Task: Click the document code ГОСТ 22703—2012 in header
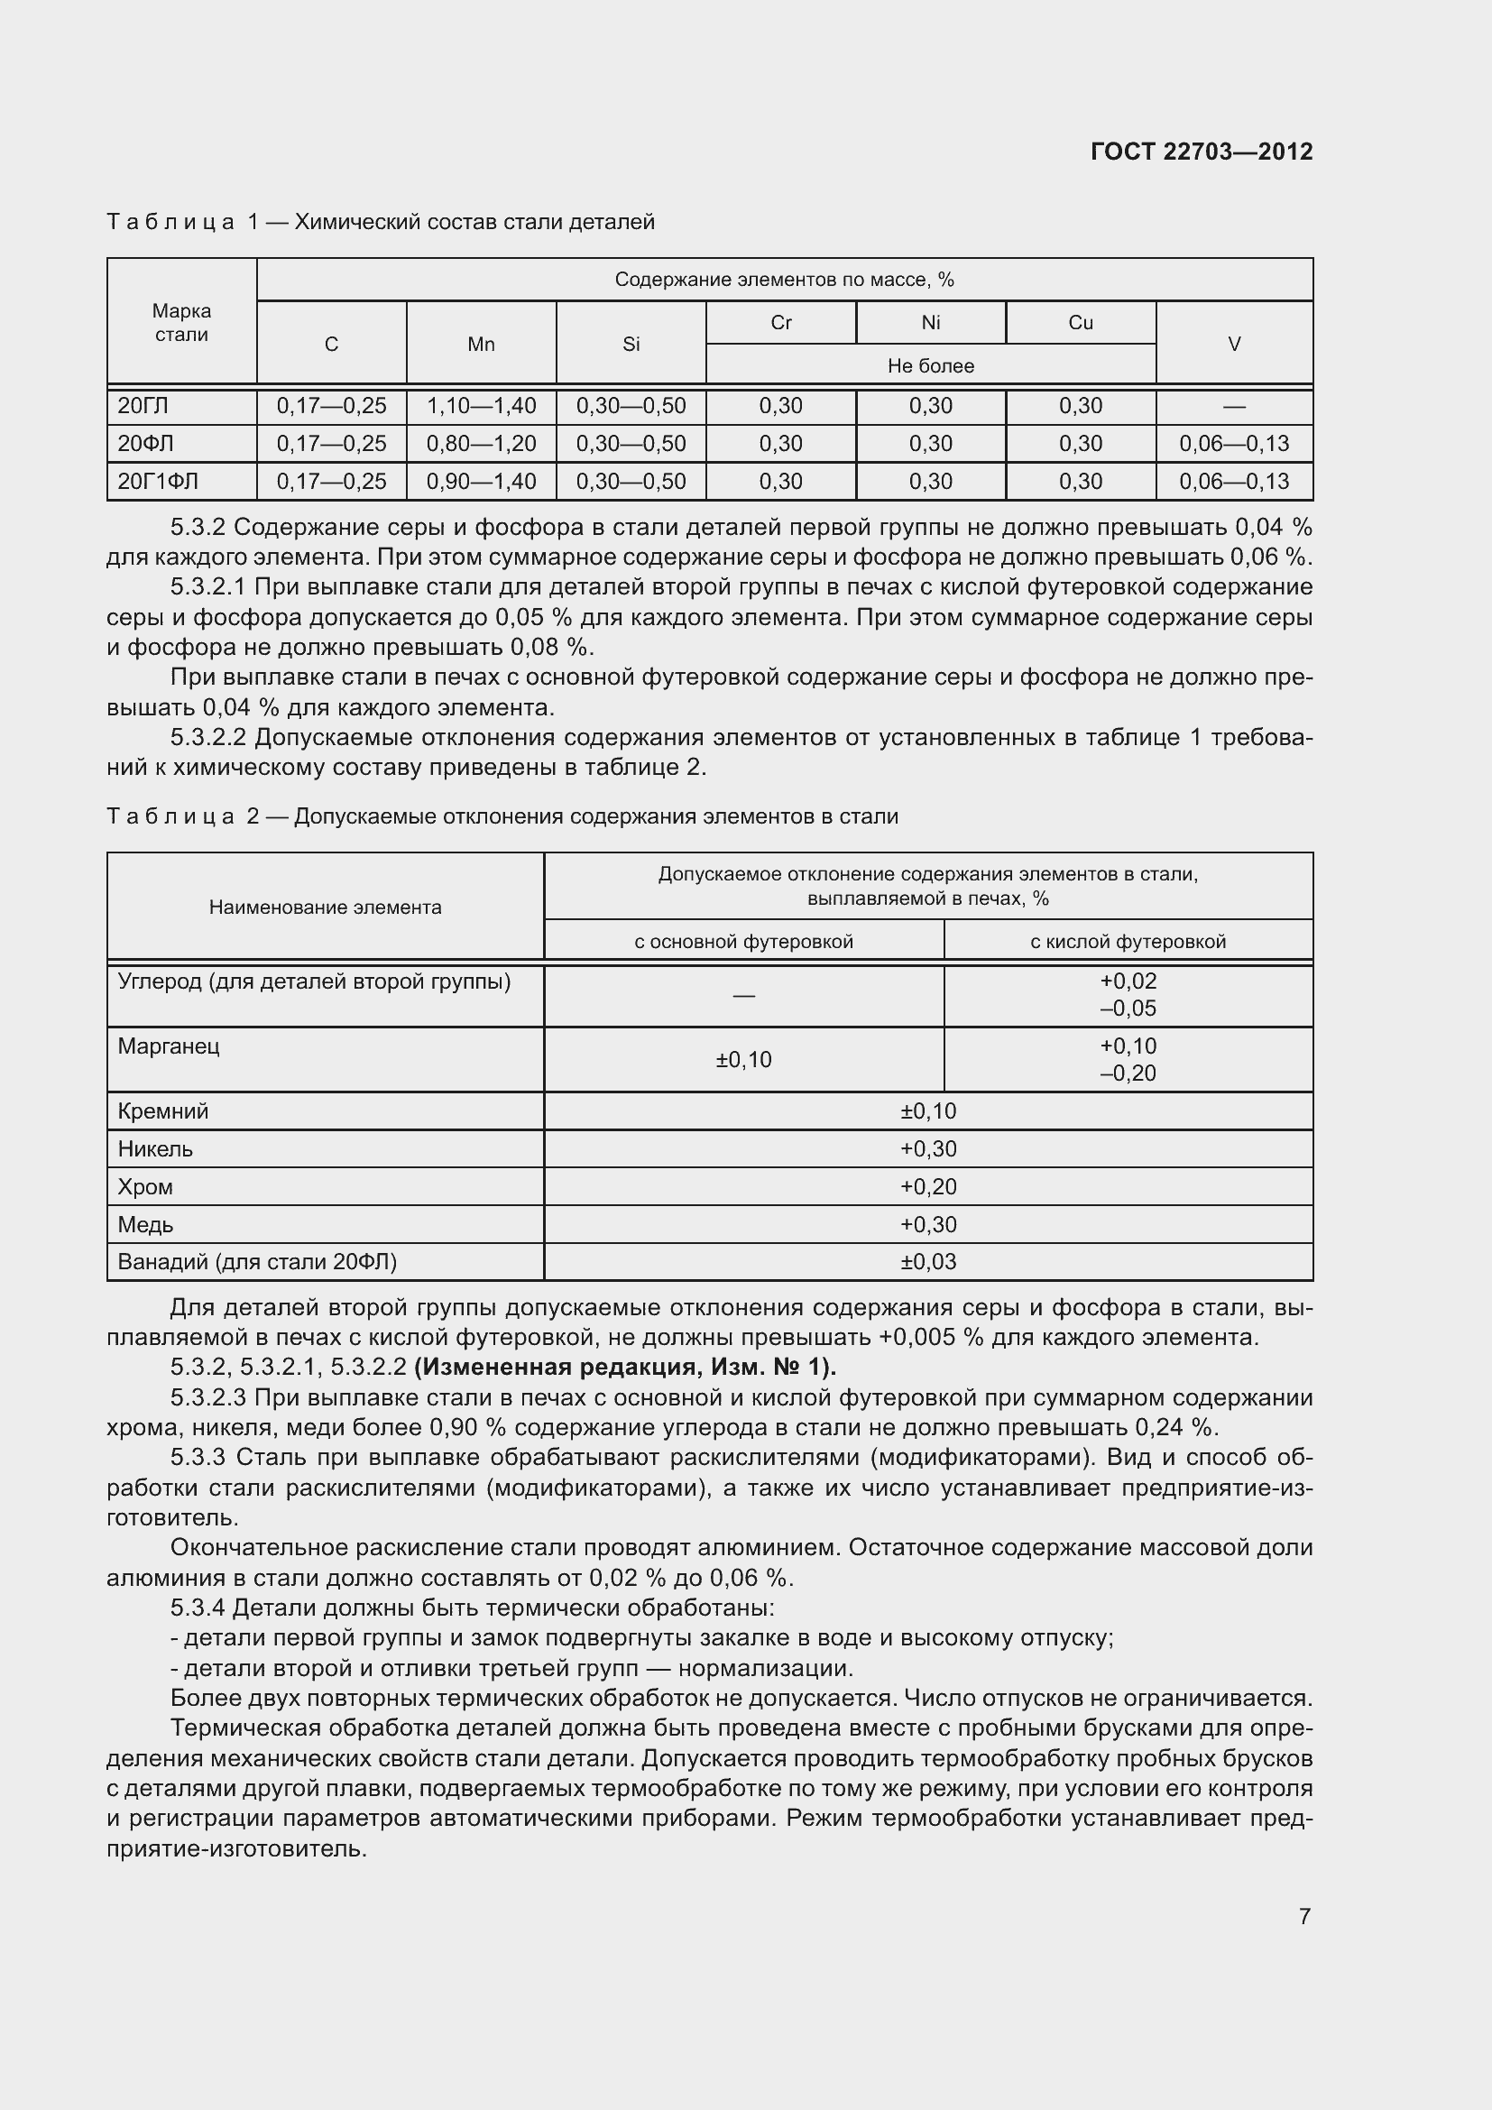(1201, 152)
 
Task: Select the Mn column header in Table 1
(481, 344)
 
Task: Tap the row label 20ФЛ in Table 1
(145, 444)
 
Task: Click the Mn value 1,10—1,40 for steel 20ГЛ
(481, 405)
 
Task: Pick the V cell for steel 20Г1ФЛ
(1234, 482)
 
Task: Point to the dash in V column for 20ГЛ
(1234, 406)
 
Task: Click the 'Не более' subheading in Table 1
(930, 365)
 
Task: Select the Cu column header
(1081, 323)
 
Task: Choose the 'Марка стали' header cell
(181, 323)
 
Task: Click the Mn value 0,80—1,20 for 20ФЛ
(481, 444)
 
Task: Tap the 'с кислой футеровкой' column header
(1128, 941)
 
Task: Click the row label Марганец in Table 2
(169, 1046)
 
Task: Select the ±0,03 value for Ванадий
(928, 1262)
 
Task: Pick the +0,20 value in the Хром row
(928, 1186)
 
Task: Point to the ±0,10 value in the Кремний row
(928, 1111)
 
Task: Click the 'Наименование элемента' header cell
(326, 907)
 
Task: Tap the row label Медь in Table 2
(145, 1224)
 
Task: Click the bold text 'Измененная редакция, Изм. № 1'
(625, 1368)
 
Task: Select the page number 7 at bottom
(1303, 1916)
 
